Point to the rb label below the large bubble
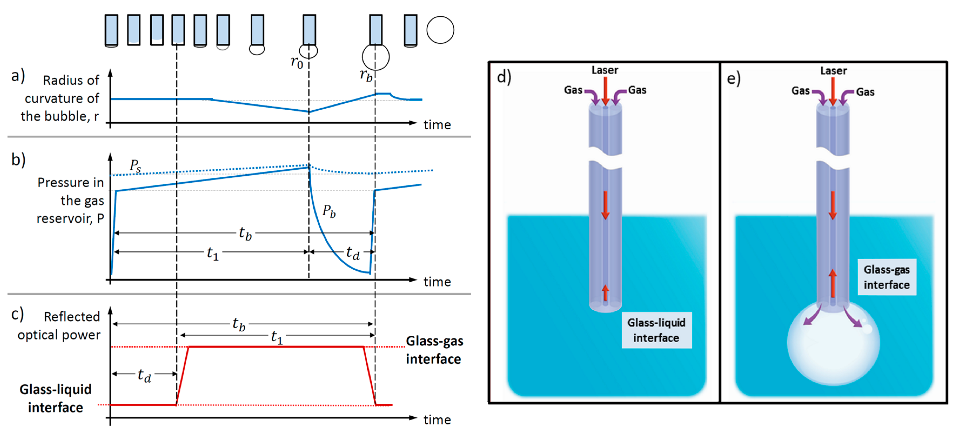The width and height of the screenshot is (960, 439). [x=366, y=76]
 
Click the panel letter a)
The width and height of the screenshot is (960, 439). [x=18, y=76]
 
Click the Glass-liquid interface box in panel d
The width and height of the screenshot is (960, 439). [x=656, y=330]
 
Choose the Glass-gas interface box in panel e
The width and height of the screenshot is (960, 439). [x=886, y=277]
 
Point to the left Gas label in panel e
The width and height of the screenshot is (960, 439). [x=800, y=91]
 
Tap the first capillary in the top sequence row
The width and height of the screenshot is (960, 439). [x=111, y=30]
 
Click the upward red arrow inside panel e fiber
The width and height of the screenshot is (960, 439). [x=833, y=283]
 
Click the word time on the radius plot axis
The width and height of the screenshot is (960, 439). [x=437, y=125]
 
